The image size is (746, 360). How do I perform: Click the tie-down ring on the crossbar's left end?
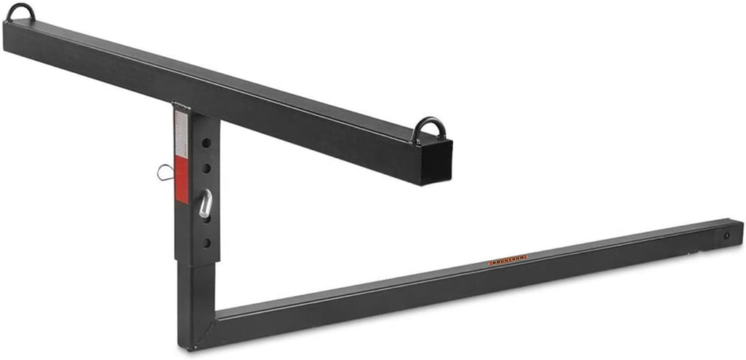tap(22, 12)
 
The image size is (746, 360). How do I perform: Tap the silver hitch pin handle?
tap(205, 204)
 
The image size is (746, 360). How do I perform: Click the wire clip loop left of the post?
tap(165, 173)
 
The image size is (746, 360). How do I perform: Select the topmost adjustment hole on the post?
tap(207, 143)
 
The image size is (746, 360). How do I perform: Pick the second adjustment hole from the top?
tap(207, 168)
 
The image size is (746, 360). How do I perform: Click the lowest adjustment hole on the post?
tap(207, 242)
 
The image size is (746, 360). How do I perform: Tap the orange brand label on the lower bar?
tap(508, 259)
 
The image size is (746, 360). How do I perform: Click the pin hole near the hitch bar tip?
tap(726, 235)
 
